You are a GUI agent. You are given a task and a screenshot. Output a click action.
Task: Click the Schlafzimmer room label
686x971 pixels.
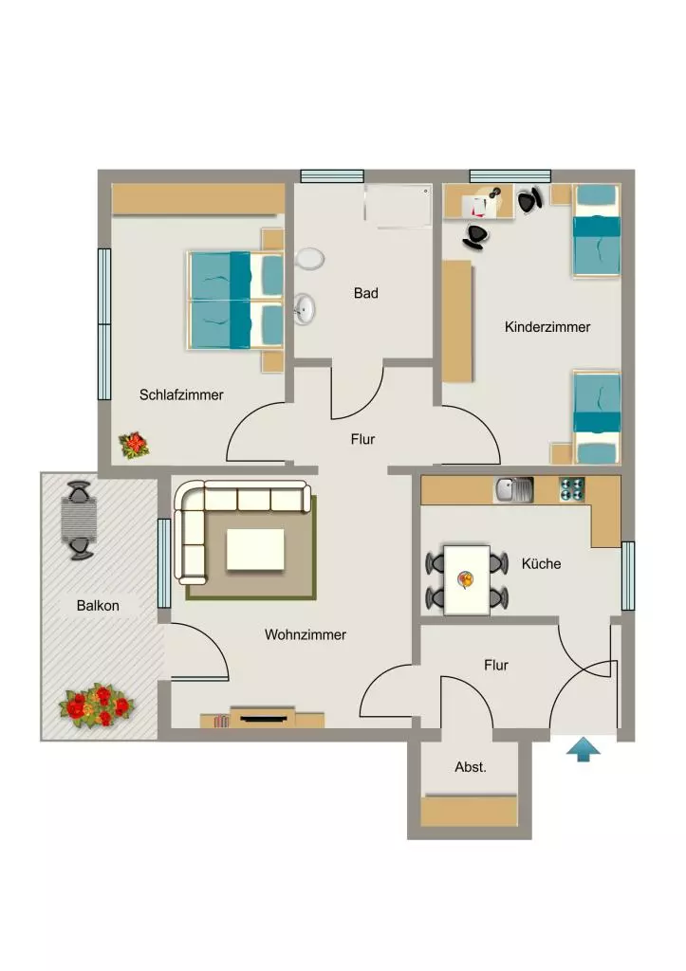click(x=181, y=395)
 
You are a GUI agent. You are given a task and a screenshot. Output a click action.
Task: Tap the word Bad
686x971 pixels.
click(x=365, y=293)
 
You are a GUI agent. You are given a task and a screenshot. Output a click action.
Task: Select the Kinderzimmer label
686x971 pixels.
click(x=547, y=327)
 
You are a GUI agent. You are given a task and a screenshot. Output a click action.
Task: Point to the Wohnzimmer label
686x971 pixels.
click(x=305, y=634)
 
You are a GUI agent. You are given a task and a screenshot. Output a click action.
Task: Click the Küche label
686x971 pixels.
click(x=541, y=563)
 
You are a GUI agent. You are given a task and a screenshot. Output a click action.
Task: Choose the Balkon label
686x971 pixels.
click(x=98, y=606)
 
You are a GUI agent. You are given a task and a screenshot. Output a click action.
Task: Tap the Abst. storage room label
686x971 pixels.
click(x=471, y=767)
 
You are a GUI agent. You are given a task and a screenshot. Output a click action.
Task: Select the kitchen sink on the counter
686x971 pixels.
click(x=513, y=490)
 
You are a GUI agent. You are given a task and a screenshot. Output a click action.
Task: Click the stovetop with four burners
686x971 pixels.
click(x=572, y=490)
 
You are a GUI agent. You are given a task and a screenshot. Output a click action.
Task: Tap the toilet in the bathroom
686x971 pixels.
click(x=310, y=259)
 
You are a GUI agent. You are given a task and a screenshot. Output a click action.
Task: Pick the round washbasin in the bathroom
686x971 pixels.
click(x=305, y=308)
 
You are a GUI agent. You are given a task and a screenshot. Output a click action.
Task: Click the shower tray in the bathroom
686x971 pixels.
click(x=398, y=206)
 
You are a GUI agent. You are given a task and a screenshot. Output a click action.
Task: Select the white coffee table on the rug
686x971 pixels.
click(x=255, y=549)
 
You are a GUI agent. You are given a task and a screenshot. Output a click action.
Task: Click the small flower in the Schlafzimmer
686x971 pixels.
click(x=134, y=446)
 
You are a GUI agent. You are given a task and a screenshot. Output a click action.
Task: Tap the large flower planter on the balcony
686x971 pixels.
click(x=97, y=705)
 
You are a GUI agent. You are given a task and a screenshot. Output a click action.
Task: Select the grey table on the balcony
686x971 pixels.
click(x=80, y=521)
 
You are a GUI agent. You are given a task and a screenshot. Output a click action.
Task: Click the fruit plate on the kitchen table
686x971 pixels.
click(x=465, y=579)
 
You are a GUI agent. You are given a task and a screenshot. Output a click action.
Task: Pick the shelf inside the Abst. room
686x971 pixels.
click(x=469, y=812)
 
